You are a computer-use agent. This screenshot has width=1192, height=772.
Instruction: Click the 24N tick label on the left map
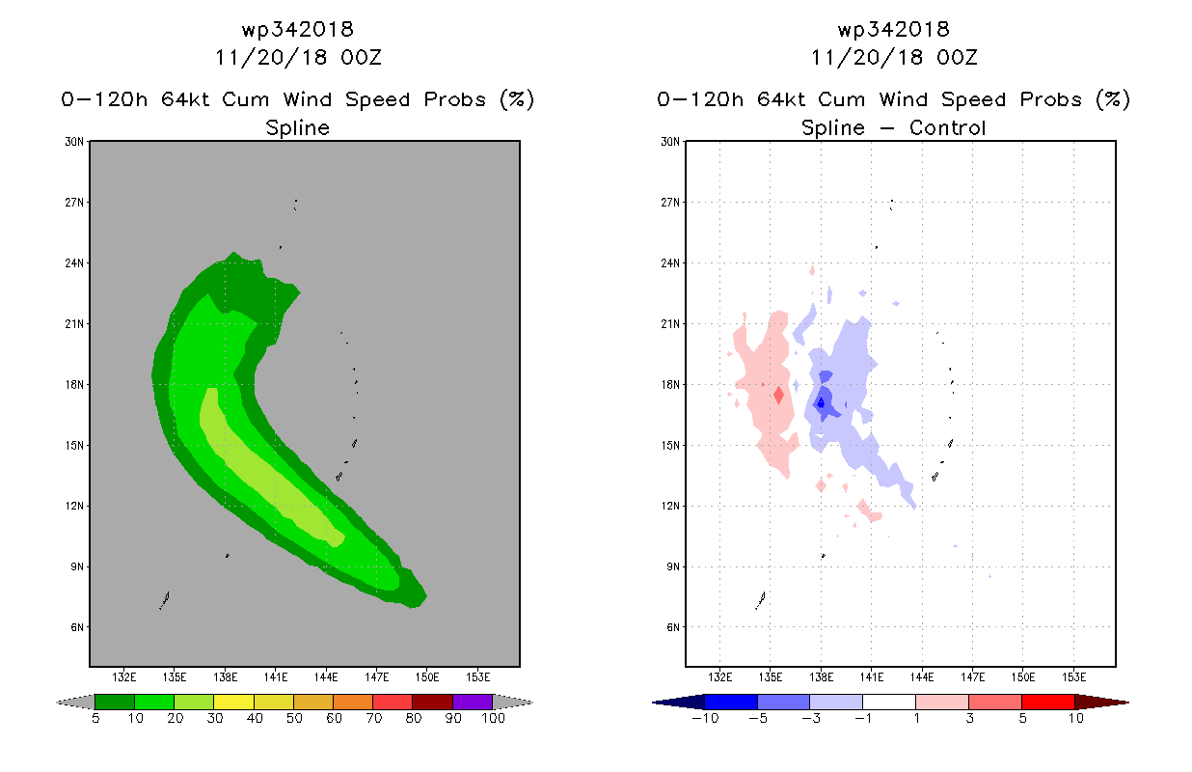click(74, 263)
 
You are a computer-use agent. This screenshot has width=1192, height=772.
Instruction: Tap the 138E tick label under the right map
click(821, 677)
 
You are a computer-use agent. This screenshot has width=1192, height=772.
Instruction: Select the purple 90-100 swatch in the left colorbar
click(473, 702)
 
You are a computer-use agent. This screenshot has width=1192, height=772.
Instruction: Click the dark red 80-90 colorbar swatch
click(433, 702)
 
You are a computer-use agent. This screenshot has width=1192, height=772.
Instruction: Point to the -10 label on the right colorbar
click(705, 718)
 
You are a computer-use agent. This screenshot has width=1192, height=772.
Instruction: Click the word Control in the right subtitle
click(948, 127)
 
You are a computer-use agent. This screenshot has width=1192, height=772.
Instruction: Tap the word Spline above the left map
click(297, 127)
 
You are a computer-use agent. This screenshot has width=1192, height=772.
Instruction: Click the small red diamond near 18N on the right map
click(779, 395)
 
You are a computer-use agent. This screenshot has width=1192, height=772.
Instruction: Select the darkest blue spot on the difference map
click(821, 403)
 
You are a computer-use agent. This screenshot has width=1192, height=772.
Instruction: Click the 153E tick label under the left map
click(478, 677)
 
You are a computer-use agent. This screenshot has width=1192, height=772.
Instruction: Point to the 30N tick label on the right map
click(670, 142)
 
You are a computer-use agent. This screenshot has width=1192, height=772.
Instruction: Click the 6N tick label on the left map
click(77, 627)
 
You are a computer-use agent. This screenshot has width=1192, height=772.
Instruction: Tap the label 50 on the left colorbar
click(294, 718)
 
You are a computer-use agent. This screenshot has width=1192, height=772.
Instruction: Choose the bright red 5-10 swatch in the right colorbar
click(1048, 702)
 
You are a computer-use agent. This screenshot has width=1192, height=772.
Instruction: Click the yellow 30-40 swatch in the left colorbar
click(233, 702)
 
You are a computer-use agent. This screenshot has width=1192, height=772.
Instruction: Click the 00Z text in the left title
click(362, 57)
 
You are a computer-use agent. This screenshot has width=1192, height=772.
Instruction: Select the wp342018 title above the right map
click(893, 29)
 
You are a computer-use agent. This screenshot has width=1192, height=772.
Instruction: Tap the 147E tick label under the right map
click(973, 677)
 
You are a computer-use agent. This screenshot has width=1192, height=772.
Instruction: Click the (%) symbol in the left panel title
click(517, 99)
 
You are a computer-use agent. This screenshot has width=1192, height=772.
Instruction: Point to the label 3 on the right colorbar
click(969, 718)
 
